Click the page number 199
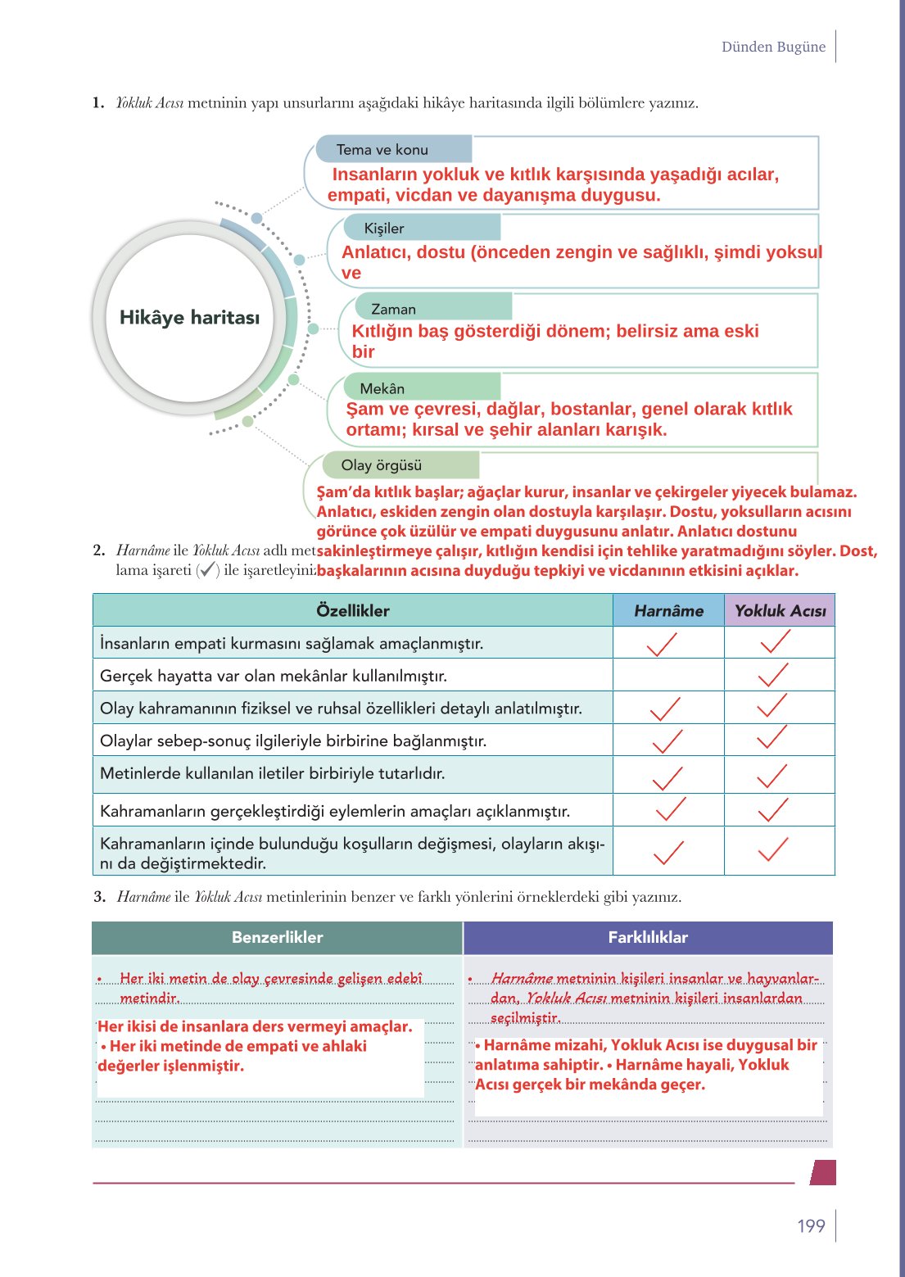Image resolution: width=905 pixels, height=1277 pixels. tap(811, 1226)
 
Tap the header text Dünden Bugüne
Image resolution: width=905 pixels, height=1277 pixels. tap(773, 47)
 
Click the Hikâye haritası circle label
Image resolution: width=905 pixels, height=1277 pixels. tap(189, 318)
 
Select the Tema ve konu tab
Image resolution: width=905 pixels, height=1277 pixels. tap(382, 150)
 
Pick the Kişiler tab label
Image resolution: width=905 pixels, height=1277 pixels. tap(384, 229)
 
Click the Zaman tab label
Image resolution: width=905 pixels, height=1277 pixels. tap(393, 310)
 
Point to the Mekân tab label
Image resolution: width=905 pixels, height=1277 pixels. tap(382, 389)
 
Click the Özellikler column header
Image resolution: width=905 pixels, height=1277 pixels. tap(352, 611)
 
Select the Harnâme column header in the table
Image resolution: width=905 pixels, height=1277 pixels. tap(668, 611)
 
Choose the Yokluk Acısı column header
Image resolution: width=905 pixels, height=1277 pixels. tap(780, 611)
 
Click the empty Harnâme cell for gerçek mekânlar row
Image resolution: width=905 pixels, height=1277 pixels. tap(668, 676)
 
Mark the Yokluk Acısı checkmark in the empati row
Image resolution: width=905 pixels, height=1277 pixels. tap(775, 642)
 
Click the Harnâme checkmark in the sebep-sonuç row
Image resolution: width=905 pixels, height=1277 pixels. tap(667, 741)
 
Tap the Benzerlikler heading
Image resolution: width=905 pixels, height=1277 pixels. tap(277, 938)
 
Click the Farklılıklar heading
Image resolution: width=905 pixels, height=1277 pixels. tap(648, 938)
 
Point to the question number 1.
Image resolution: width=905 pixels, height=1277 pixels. tap(98, 103)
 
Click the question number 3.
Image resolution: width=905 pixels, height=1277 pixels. tap(99, 897)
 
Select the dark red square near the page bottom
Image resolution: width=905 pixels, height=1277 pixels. tap(823, 1172)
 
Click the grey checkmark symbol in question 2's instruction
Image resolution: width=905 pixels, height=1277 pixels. tap(208, 570)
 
